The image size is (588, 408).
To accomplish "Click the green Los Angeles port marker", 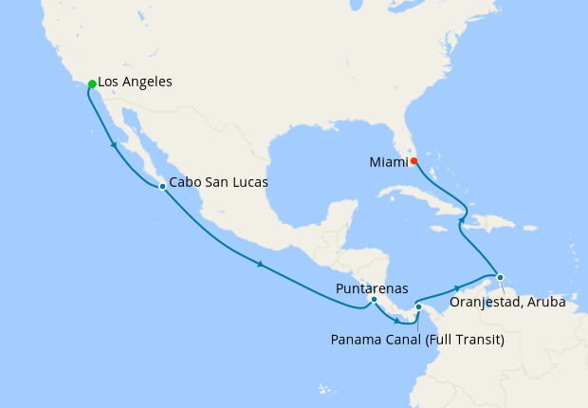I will pyautogui.click(x=92, y=84).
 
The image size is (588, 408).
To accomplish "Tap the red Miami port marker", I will pyautogui.click(x=414, y=160).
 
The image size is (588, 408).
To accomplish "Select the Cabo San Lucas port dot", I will pyautogui.click(x=162, y=186).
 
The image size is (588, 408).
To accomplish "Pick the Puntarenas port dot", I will pyautogui.click(x=374, y=300).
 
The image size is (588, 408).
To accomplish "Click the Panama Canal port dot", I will pyautogui.click(x=418, y=306).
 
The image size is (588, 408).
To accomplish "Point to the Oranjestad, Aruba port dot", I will pyautogui.click(x=501, y=278).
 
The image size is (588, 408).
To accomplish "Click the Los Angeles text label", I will pyautogui.click(x=135, y=83).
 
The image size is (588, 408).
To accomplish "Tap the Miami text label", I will pyautogui.click(x=388, y=162).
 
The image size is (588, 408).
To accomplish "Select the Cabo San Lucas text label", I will pyautogui.click(x=219, y=182).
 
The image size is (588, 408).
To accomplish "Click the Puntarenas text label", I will pyautogui.click(x=372, y=287).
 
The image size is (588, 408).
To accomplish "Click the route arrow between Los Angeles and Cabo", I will pyautogui.click(x=114, y=145).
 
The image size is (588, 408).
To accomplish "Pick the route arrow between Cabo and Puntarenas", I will pyautogui.click(x=259, y=264).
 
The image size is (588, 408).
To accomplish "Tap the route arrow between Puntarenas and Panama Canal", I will pyautogui.click(x=396, y=321).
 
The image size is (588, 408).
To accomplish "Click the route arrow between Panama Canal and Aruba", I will pyautogui.click(x=458, y=287).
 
